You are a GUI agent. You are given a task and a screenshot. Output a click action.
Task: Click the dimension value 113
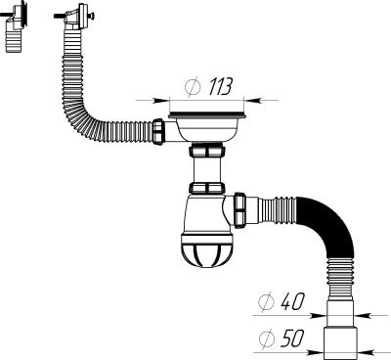click(221, 87)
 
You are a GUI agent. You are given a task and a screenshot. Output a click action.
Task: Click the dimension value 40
click(292, 301)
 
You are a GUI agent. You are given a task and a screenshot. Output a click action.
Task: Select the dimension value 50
click(292, 338)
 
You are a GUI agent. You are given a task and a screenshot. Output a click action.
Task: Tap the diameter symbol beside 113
click(193, 87)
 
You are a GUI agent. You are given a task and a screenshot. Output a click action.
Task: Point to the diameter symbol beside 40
click(266, 302)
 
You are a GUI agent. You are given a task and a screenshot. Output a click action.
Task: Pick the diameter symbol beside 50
click(266, 338)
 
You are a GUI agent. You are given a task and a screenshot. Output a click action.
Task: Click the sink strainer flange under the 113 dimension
click(206, 115)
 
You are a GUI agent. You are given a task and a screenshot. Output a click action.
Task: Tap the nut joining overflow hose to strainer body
click(157, 131)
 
